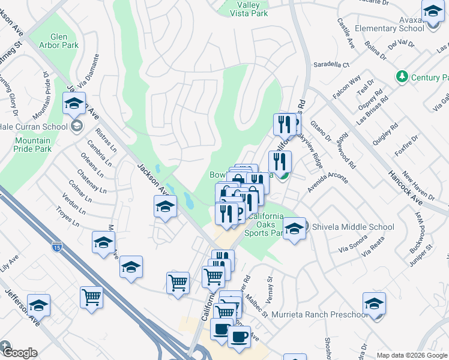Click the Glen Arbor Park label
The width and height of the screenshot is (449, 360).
click(59, 40)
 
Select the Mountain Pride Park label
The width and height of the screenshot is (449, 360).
click(29, 145)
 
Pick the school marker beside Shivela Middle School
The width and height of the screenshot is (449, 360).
click(294, 229)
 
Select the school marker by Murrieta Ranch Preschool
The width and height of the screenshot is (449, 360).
click(374, 304)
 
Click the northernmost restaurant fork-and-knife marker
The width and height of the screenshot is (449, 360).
click(285, 124)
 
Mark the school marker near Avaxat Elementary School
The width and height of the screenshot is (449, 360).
click(433, 11)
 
